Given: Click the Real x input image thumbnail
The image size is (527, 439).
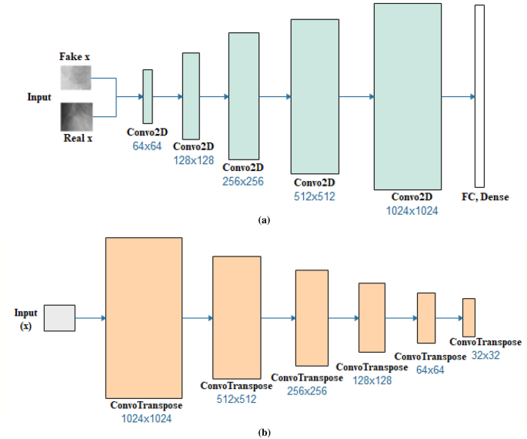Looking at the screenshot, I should [76, 116].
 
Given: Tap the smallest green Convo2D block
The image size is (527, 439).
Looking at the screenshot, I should [148, 96].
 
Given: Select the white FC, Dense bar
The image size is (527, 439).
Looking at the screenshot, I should [479, 96].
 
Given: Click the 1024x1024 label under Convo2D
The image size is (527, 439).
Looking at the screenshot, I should [408, 209].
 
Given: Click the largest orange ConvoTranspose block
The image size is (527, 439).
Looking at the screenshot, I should [144, 317].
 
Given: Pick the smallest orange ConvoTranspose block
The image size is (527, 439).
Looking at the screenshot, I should [469, 317].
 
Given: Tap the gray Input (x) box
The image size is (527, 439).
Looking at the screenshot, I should [59, 317].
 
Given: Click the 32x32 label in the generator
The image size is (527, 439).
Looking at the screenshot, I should [485, 356].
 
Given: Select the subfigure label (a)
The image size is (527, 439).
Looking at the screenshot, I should [265, 220].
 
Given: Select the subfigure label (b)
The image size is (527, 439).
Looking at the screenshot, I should [265, 432].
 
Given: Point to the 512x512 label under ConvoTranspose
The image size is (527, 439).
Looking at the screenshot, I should [235, 399].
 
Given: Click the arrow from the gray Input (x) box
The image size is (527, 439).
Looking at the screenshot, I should [90, 317].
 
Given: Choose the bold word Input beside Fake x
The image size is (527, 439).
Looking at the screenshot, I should [38, 97].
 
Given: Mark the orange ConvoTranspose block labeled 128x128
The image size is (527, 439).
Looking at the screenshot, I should [372, 317].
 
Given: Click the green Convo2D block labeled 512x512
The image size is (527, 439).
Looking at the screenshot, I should [315, 96].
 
